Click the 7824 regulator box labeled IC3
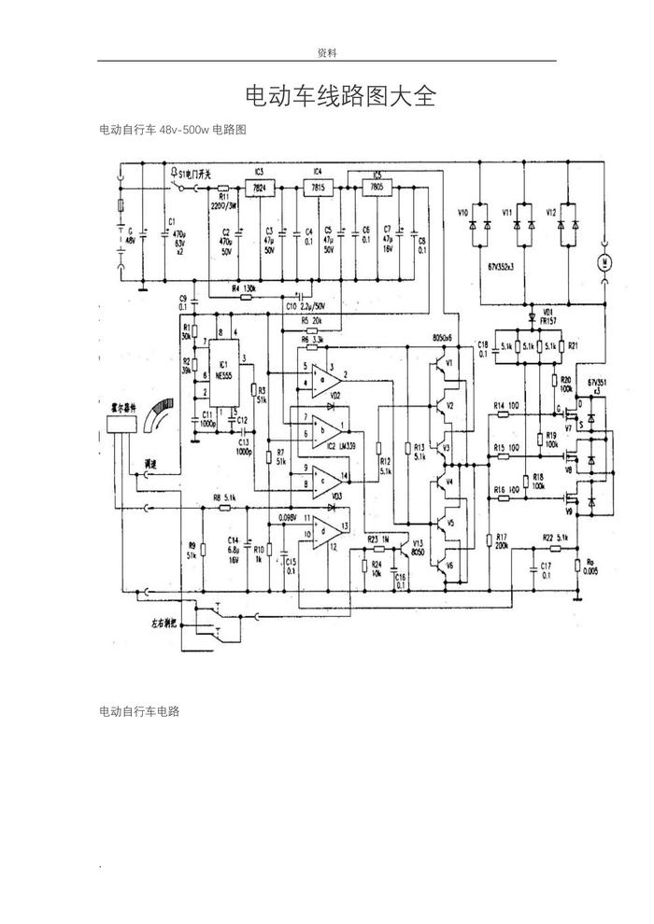click(259, 187)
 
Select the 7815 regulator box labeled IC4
click(318, 187)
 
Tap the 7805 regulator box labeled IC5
click(377, 187)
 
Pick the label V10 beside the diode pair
click(462, 214)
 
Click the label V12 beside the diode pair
click(551, 214)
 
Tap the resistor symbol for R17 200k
click(489, 539)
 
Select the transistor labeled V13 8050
click(407, 548)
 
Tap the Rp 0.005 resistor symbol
click(578, 565)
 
